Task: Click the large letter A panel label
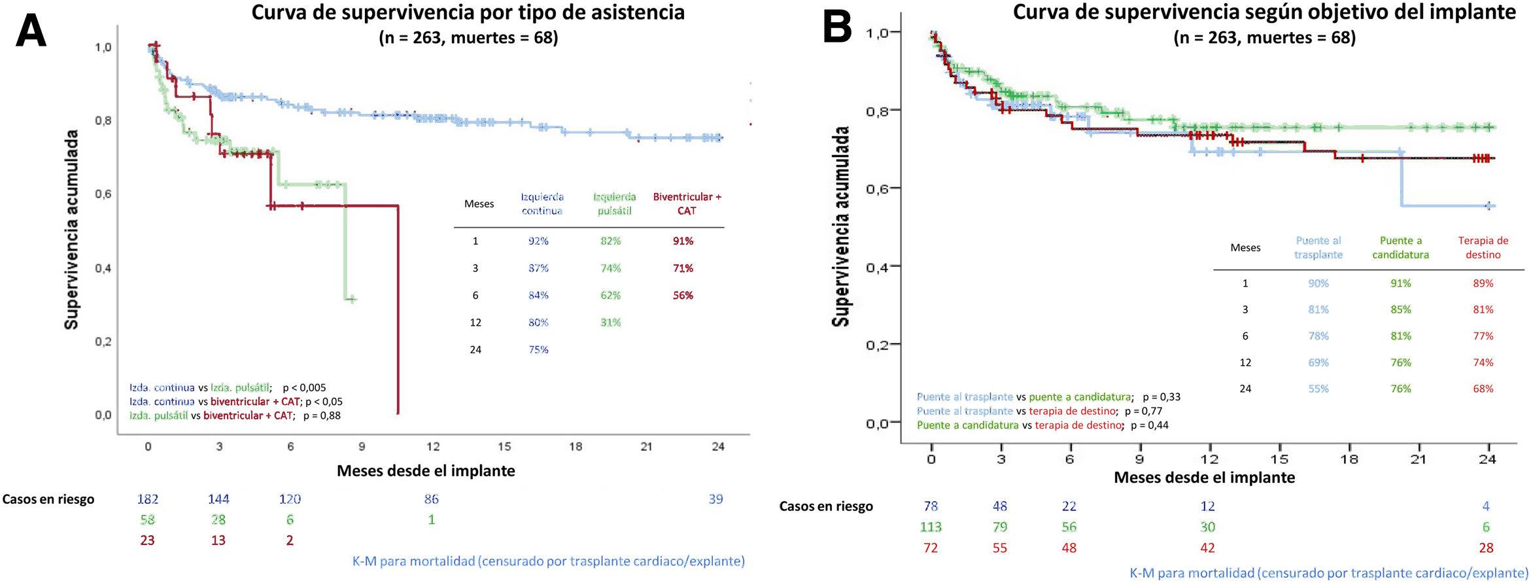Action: pyautogui.click(x=31, y=31)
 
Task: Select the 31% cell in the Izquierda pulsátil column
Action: pyautogui.click(x=610, y=322)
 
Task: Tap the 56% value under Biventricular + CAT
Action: pyautogui.click(x=683, y=295)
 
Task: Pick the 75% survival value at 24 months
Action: pyautogui.click(x=538, y=349)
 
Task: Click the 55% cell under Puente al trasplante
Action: pyautogui.click(x=1318, y=389)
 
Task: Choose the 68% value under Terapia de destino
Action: pyautogui.click(x=1483, y=389)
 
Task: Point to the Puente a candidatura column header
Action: pyautogui.click(x=1400, y=247)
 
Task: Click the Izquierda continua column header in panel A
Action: pyautogui.click(x=542, y=203)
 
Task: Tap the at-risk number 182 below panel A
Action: pyautogui.click(x=148, y=499)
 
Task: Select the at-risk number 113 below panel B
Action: pyautogui.click(x=931, y=527)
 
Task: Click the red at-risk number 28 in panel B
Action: pyautogui.click(x=1486, y=548)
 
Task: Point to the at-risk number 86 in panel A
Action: pyautogui.click(x=431, y=499)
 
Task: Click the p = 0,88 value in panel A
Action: pyautogui.click(x=322, y=415)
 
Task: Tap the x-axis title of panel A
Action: pyautogui.click(x=426, y=470)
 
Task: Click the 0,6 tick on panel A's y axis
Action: pyautogui.click(x=103, y=194)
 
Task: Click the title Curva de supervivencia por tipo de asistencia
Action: pyautogui.click(x=468, y=12)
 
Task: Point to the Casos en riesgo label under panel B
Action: pyautogui.click(x=826, y=506)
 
